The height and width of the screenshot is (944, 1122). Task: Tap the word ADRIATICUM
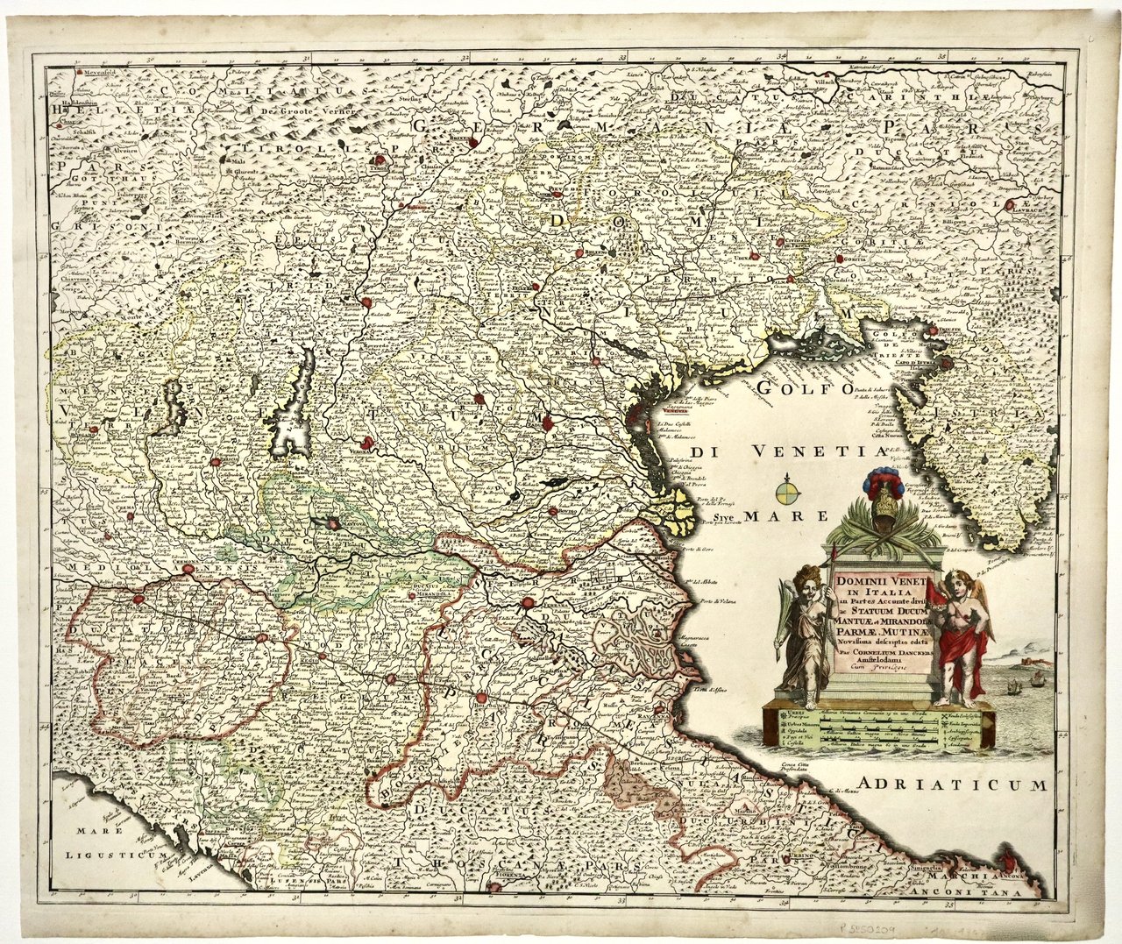[x=954, y=785]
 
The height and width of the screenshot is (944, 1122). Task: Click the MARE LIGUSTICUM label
[x=109, y=841]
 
